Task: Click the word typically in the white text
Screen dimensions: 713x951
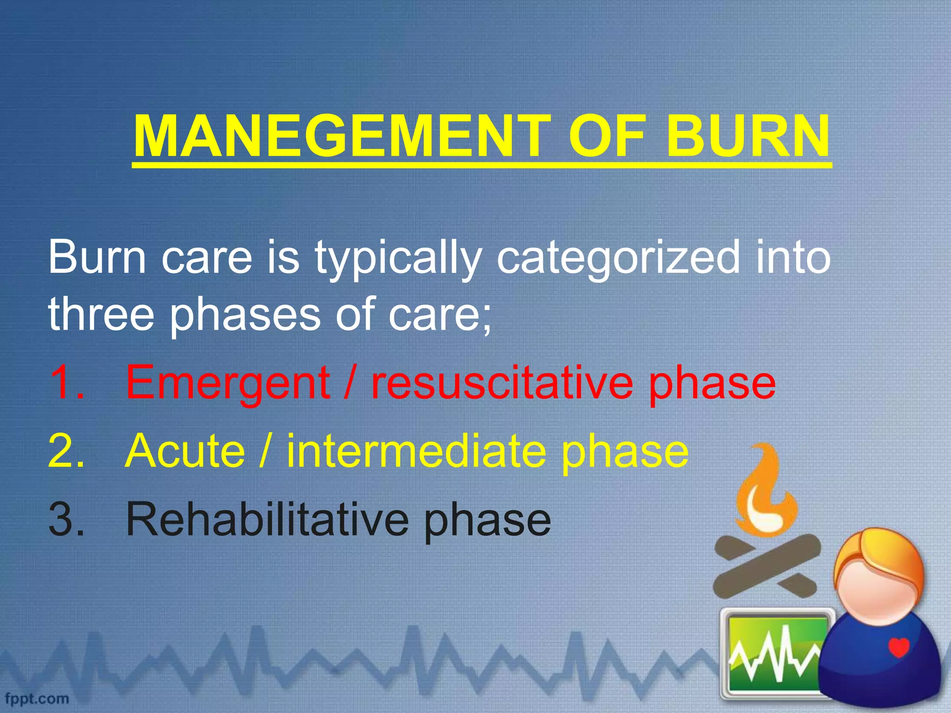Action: (397, 259)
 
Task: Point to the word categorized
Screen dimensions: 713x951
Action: (618, 259)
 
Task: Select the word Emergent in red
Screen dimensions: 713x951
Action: (228, 383)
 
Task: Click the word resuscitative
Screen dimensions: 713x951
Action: (502, 382)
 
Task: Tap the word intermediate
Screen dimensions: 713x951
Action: (416, 450)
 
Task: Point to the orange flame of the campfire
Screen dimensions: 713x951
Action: (766, 497)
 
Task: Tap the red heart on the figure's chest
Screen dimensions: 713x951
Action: (899, 647)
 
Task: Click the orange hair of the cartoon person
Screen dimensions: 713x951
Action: (878, 555)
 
